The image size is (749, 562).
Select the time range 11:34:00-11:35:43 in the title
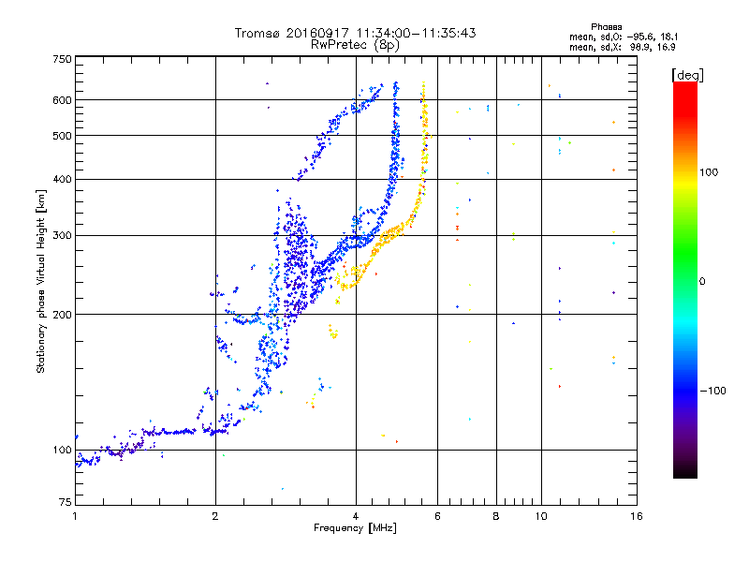click(x=417, y=33)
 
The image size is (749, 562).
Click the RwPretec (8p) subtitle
click(x=355, y=45)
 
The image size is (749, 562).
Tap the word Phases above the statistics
click(x=606, y=27)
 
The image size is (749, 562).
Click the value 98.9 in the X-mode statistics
click(x=639, y=47)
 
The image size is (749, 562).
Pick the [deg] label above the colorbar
click(x=687, y=75)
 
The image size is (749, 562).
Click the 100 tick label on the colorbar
click(x=709, y=172)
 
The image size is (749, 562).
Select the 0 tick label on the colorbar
click(x=702, y=282)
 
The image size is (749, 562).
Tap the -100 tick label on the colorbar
click(x=712, y=391)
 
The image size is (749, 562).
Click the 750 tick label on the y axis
click(x=62, y=59)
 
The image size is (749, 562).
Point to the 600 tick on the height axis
click(x=62, y=100)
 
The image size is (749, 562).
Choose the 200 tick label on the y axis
click(x=62, y=315)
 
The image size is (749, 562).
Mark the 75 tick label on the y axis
click(x=66, y=502)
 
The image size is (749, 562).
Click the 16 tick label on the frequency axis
click(x=637, y=516)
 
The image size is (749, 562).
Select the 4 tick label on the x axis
click(x=356, y=516)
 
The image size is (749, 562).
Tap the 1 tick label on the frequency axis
click(x=76, y=516)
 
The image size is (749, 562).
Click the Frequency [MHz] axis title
click(x=355, y=528)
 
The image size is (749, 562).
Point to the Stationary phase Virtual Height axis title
click(x=41, y=282)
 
